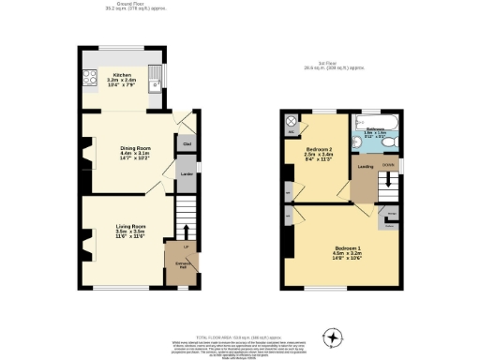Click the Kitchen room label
coord(122,79)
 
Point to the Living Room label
coord(130,230)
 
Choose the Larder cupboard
coord(187,175)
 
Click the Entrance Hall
coord(177,266)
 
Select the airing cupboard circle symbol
coord(292,122)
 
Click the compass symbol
coord(330,337)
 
